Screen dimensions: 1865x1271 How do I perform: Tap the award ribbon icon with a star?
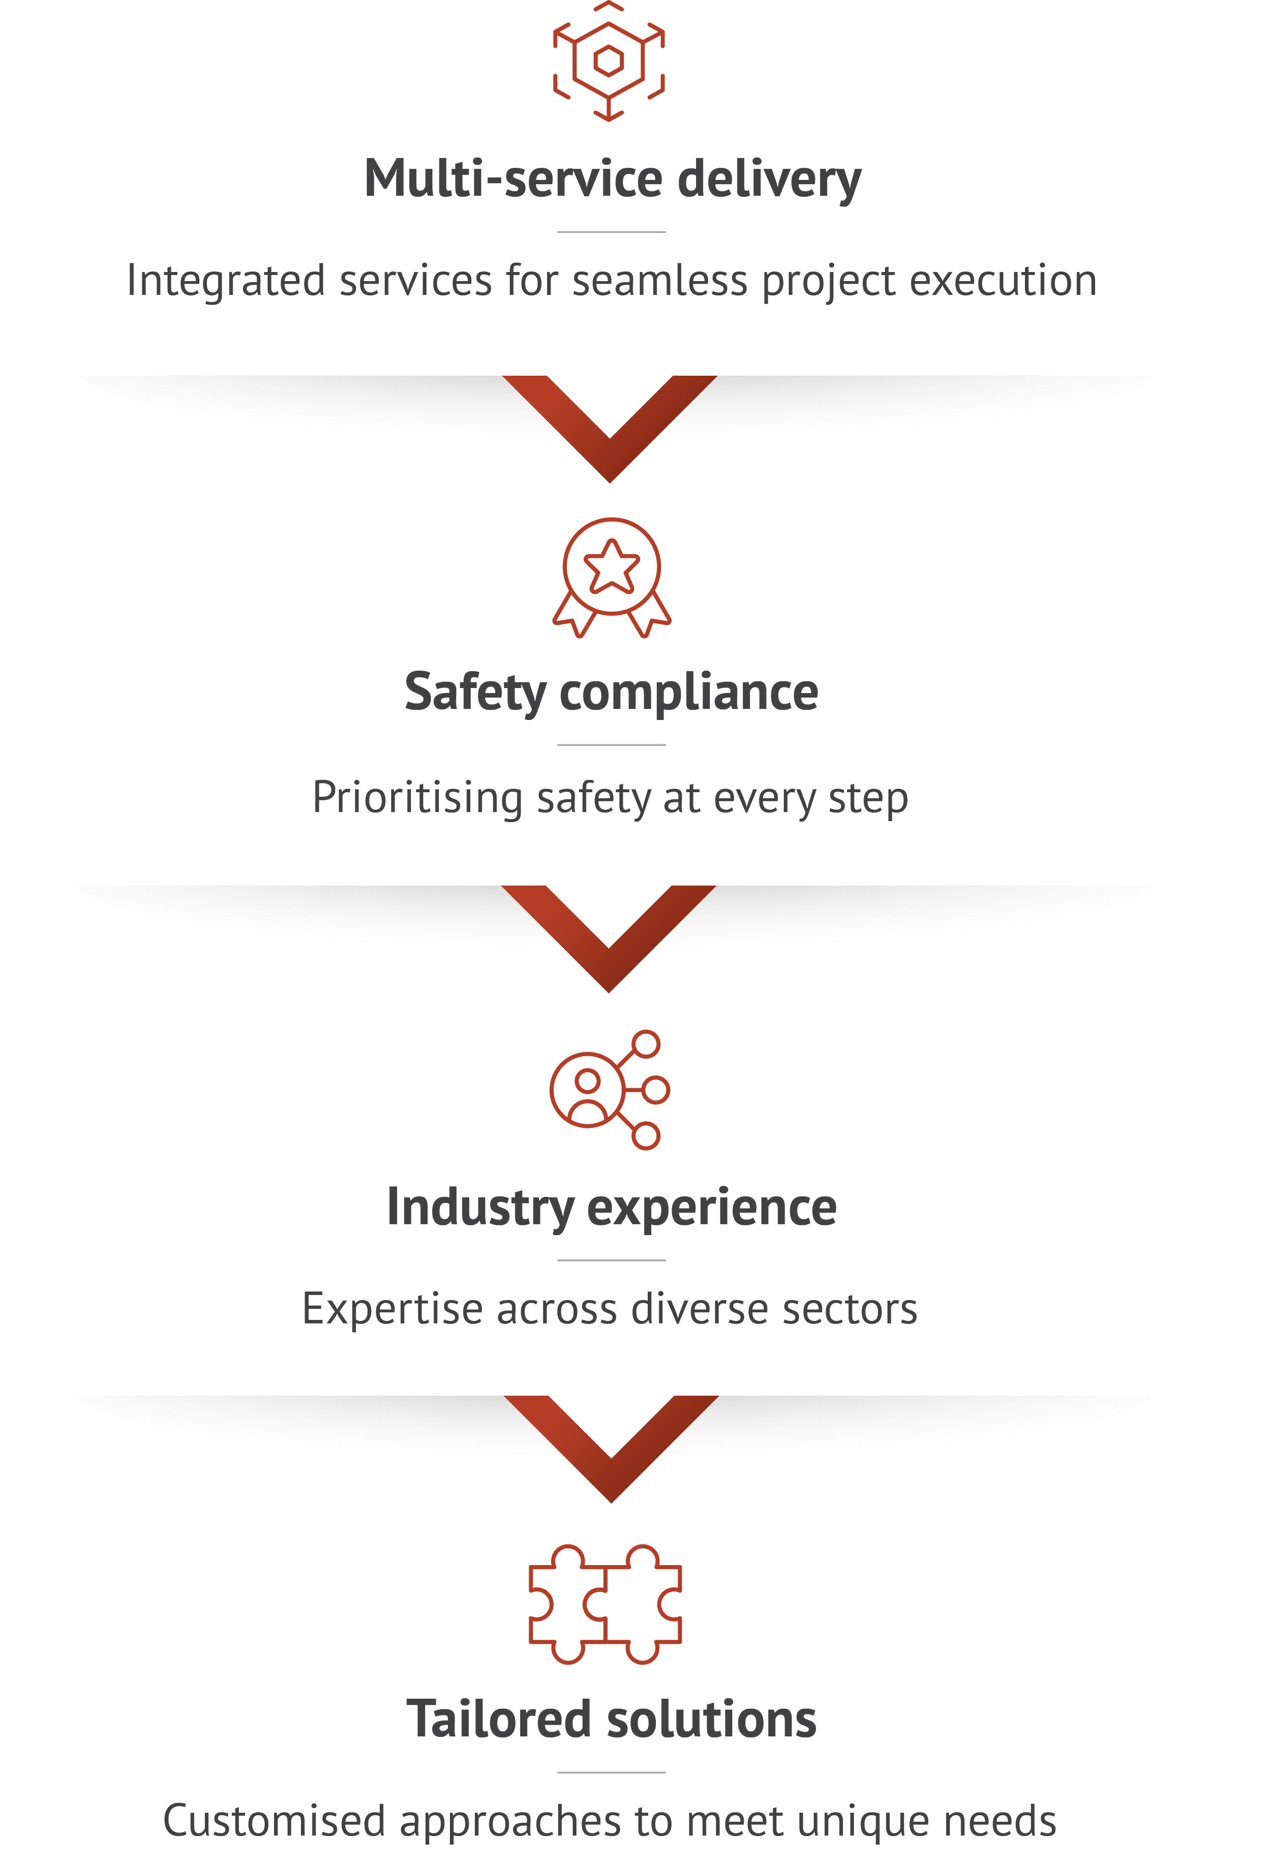point(612,577)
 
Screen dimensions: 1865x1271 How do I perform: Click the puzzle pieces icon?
point(605,1603)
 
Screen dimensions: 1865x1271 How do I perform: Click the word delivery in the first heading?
point(769,179)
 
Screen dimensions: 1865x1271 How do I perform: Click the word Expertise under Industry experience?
point(392,1310)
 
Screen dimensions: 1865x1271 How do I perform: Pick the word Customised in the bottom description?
point(274,1822)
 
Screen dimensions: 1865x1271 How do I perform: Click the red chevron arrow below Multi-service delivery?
point(610,426)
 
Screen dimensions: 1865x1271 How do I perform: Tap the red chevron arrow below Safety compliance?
point(608,936)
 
